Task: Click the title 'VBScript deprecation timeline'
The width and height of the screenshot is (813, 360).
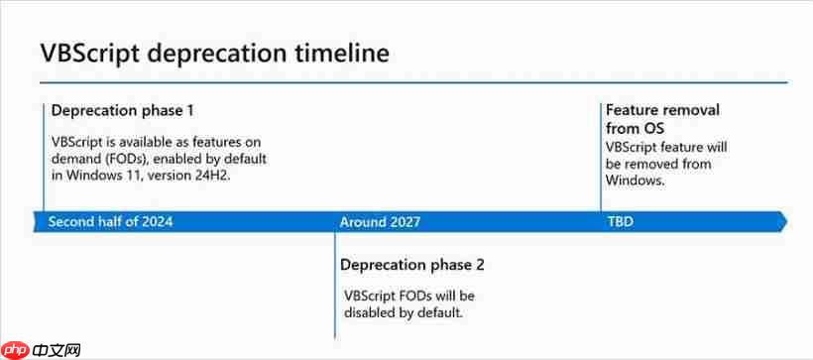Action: click(x=214, y=52)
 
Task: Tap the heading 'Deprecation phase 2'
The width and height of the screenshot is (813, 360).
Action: click(x=411, y=265)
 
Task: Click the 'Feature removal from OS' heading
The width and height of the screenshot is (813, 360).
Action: click(x=662, y=119)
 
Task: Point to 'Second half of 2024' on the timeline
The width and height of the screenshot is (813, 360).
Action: click(x=110, y=221)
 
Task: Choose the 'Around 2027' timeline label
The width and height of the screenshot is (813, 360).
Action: click(x=380, y=221)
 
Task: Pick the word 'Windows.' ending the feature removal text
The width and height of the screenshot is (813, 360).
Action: click(x=636, y=181)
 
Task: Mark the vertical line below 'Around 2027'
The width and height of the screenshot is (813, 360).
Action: click(x=334, y=288)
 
